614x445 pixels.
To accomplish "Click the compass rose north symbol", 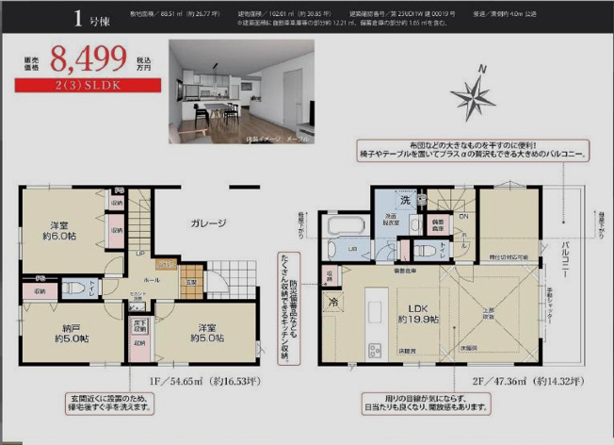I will (473, 93).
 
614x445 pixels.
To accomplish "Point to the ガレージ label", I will (208, 223).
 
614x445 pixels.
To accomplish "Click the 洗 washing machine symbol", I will (406, 200).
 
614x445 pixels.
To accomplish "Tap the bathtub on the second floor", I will (343, 226).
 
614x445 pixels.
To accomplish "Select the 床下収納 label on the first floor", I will (139, 324).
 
